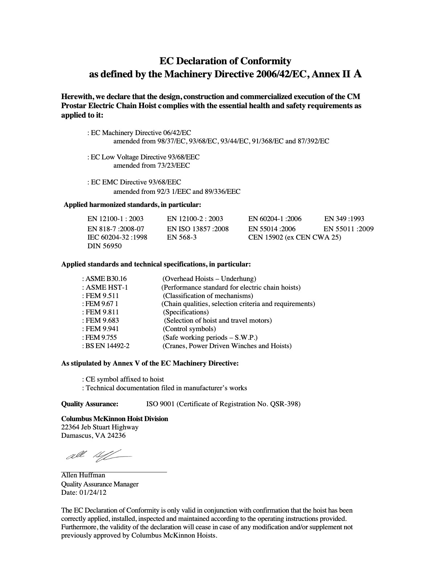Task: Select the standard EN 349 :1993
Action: [x=344, y=219]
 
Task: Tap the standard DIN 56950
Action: [x=104, y=246]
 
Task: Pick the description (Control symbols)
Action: [x=189, y=329]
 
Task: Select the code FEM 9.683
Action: [x=102, y=321]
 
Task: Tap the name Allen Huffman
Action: [x=83, y=475]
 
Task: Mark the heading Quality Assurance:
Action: [x=90, y=404]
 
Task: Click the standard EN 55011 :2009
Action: [x=348, y=229]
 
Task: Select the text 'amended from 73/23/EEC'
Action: [x=152, y=166]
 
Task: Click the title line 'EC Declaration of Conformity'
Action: [x=225, y=61]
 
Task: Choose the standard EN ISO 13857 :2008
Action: [x=198, y=229]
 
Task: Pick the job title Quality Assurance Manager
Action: [x=100, y=484]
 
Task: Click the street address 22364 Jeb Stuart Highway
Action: [x=100, y=427]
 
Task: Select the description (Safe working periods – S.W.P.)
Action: [x=210, y=338]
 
